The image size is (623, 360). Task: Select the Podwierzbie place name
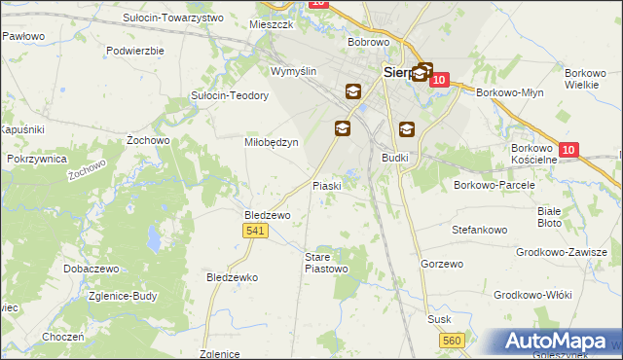click(x=135, y=50)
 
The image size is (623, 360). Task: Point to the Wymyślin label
click(x=294, y=72)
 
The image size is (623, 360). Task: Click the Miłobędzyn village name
click(x=270, y=141)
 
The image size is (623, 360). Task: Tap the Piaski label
click(x=325, y=185)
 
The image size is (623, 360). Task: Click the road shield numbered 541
click(x=256, y=230)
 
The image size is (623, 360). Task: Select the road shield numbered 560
click(x=451, y=340)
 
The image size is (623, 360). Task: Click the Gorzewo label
click(x=439, y=264)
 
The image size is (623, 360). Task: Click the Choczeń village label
click(x=62, y=337)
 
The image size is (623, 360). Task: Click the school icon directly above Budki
click(x=406, y=128)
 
